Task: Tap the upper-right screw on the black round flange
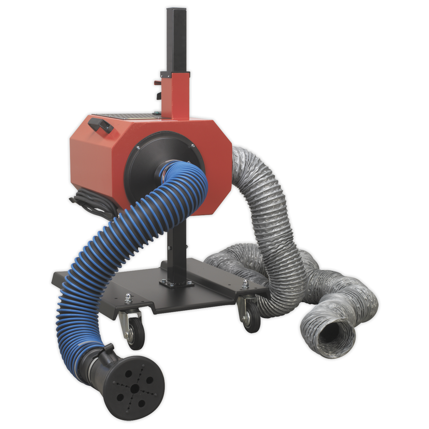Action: pyautogui.click(x=193, y=146)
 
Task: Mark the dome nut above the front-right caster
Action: pyautogui.click(x=245, y=283)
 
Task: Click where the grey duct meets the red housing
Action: pyautogui.click(x=236, y=157)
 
